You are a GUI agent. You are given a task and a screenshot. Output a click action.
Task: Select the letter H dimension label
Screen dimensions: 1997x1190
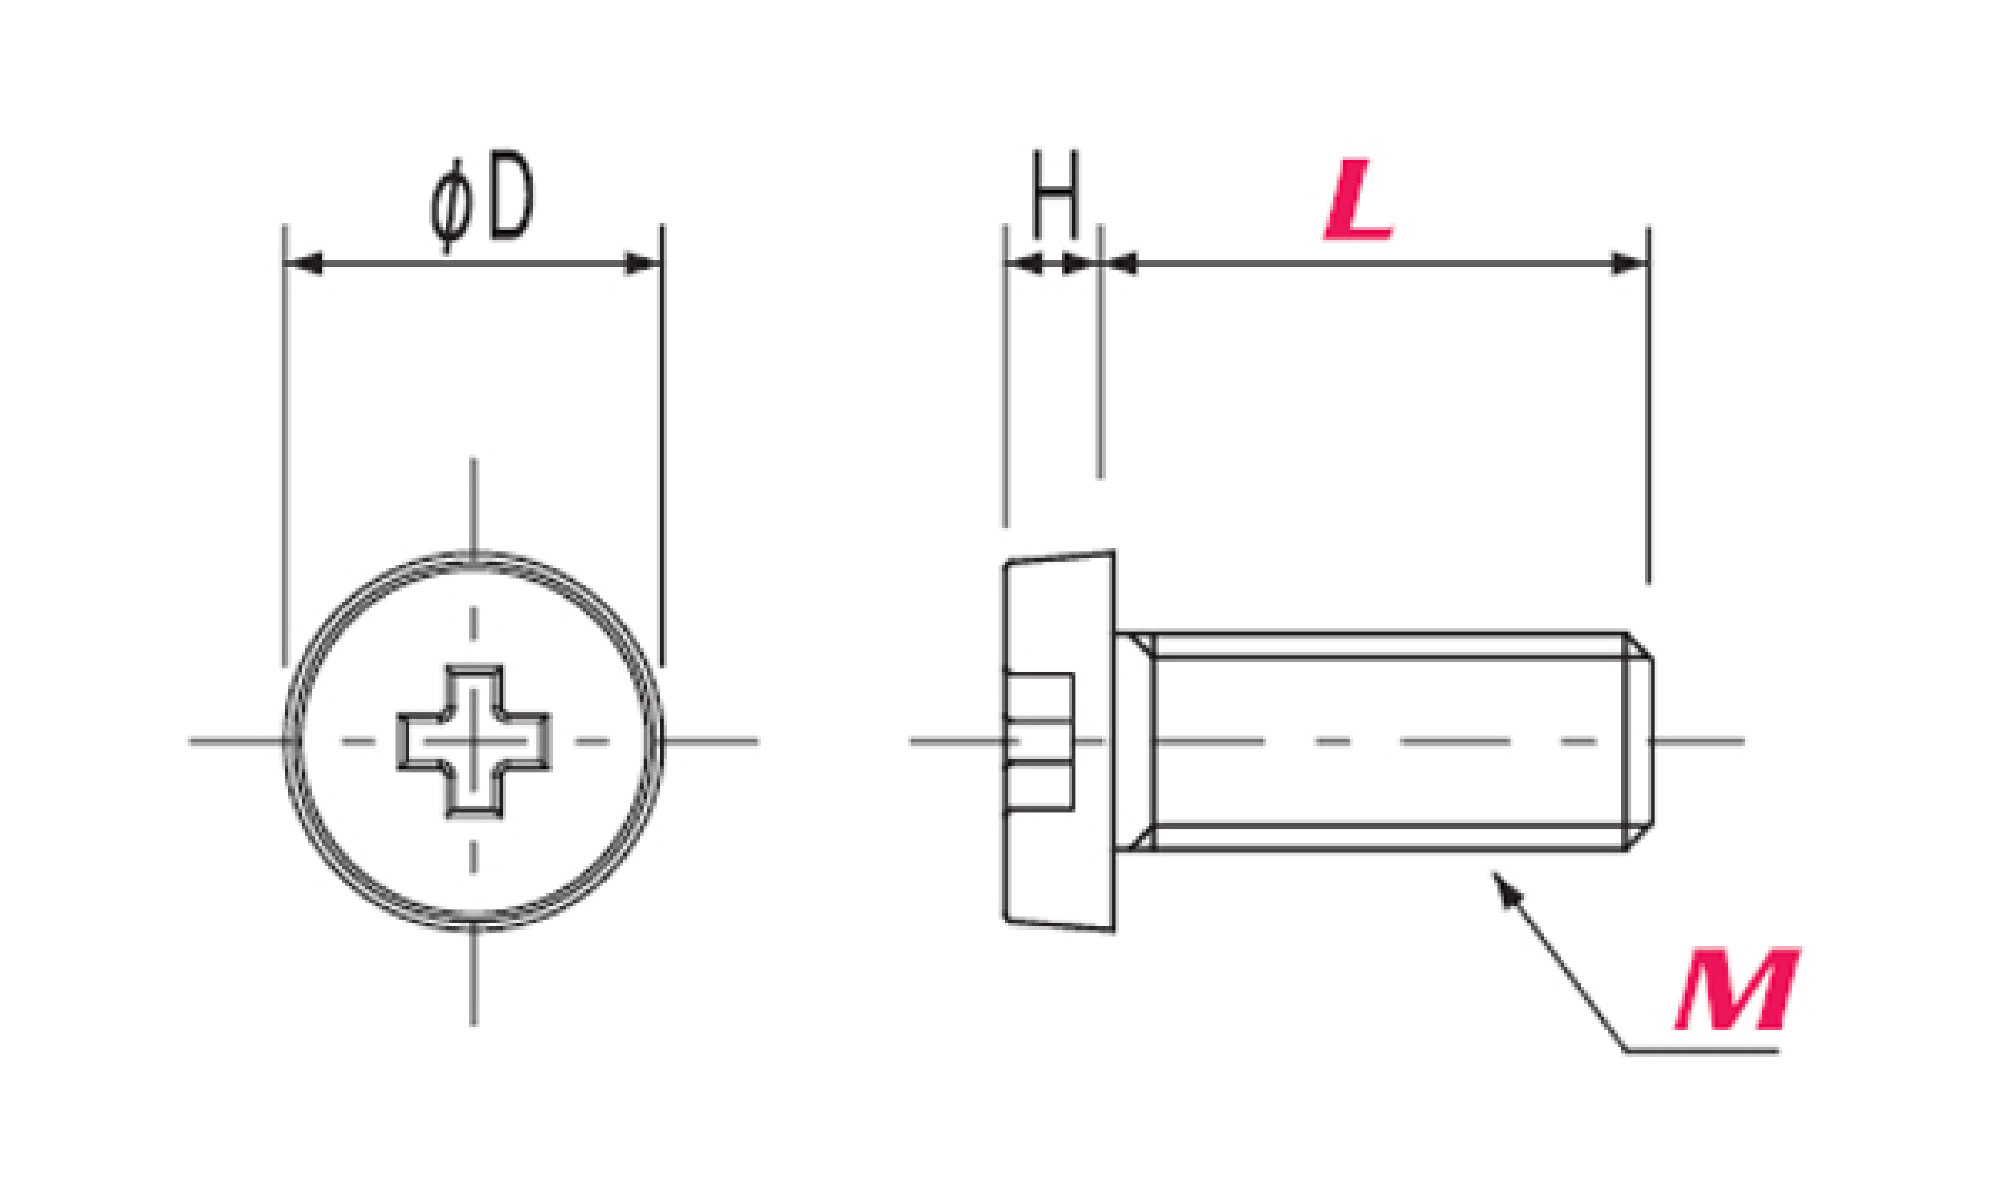(1055, 193)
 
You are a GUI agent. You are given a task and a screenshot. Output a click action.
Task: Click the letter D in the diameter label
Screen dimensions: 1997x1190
(511, 196)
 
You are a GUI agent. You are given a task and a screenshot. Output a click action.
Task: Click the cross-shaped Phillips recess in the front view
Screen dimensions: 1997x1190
(474, 741)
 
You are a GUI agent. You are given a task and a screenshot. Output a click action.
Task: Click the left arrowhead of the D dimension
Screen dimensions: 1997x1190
(304, 263)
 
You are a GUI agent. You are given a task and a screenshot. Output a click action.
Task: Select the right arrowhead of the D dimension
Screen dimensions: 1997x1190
(643, 263)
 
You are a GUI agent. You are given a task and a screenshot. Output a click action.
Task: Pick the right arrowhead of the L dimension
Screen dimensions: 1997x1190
(1629, 263)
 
